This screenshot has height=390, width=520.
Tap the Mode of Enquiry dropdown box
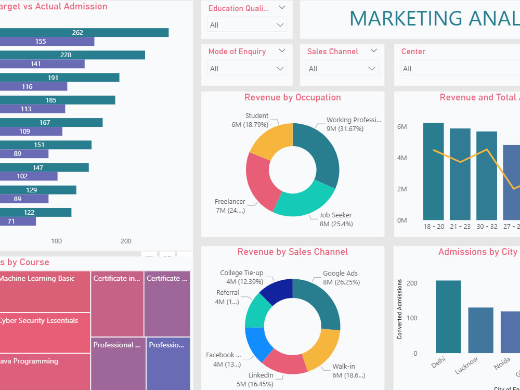tap(247, 69)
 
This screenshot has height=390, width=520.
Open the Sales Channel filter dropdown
tap(342, 69)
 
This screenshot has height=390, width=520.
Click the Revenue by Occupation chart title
tap(292, 97)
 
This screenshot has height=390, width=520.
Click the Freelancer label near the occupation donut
tap(230, 202)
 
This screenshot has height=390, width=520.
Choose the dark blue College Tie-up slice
tap(278, 291)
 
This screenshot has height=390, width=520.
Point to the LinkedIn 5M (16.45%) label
tap(261, 380)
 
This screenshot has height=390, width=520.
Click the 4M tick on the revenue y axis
tap(401, 158)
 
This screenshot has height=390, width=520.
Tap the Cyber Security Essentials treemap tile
tap(44, 333)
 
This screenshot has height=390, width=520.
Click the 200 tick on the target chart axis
tap(126, 241)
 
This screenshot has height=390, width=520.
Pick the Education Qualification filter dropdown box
tap(247, 25)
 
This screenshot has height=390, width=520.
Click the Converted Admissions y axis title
tap(400, 309)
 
